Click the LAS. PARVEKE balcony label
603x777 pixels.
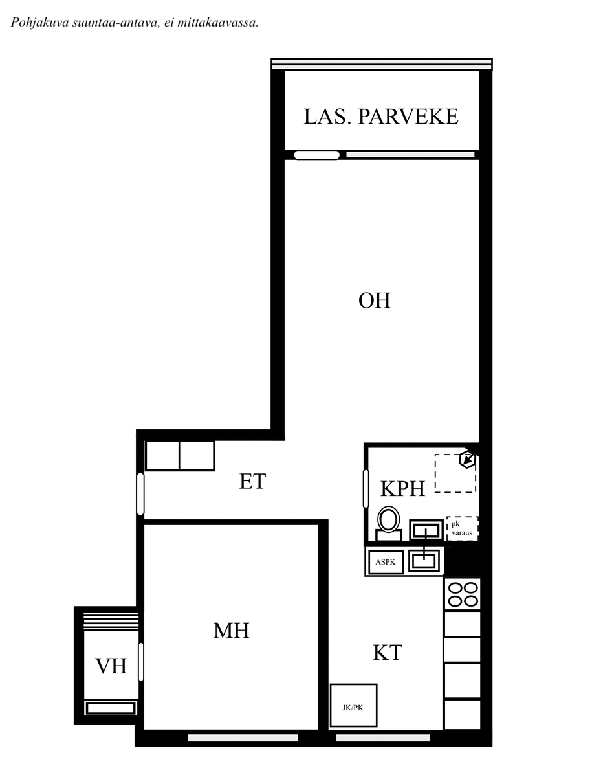(381, 117)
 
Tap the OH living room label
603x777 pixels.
(374, 300)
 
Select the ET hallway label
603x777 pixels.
(252, 481)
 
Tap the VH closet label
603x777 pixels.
(111, 666)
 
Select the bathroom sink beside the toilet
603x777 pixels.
(426, 530)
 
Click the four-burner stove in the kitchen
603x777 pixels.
(463, 594)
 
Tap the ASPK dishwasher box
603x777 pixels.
(386, 562)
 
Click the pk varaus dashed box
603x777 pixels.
(463, 528)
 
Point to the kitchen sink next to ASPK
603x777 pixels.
(424, 561)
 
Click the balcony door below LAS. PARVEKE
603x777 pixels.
(316, 155)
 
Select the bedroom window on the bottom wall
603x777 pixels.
(243, 738)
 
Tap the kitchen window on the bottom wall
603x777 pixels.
(383, 738)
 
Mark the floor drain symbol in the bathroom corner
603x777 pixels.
(468, 460)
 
